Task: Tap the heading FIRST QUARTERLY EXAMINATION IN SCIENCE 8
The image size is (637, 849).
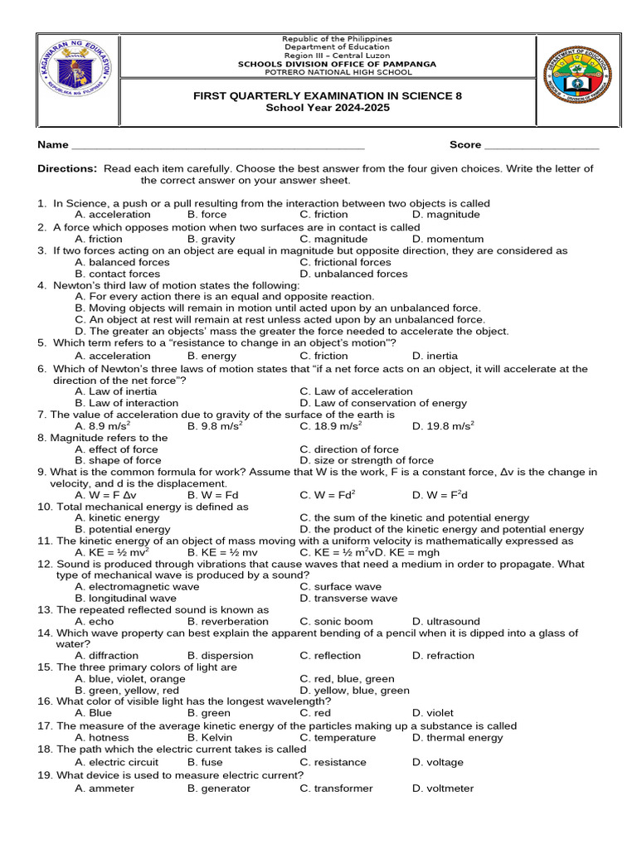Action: pyautogui.click(x=328, y=96)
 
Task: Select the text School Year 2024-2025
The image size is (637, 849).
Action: pyautogui.click(x=327, y=109)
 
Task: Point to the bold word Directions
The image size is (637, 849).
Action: pyautogui.click(x=67, y=169)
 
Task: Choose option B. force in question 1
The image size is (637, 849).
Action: pyautogui.click(x=207, y=215)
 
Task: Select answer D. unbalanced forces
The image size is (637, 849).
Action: pyautogui.click(x=354, y=274)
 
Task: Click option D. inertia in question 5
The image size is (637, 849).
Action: pyautogui.click(x=435, y=357)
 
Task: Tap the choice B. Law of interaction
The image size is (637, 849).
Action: pyautogui.click(x=126, y=404)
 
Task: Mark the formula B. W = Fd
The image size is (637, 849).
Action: pyautogui.click(x=215, y=495)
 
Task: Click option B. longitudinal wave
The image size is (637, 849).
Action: pyautogui.click(x=125, y=599)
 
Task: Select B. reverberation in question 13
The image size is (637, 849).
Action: pyautogui.click(x=228, y=622)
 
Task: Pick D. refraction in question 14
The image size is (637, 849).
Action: pyautogui.click(x=443, y=656)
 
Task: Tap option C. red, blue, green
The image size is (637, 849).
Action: pyautogui.click(x=348, y=679)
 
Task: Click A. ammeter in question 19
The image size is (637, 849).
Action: pyautogui.click(x=105, y=788)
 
